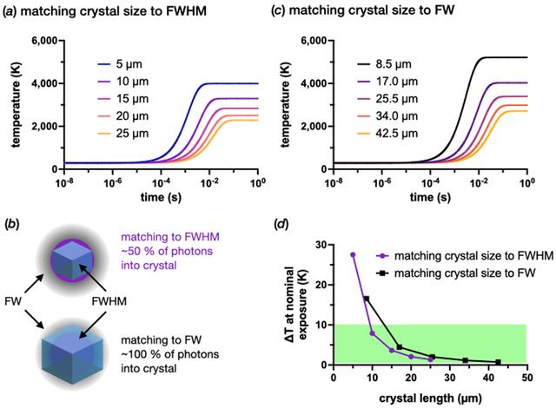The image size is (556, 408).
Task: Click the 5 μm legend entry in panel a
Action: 120,64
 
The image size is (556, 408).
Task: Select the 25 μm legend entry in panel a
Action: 122,134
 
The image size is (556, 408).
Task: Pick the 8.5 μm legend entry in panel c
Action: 384,64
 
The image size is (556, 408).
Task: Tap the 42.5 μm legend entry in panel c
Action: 387,134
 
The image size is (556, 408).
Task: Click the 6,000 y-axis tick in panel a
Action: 44,41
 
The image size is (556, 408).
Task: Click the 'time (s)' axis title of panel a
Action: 161,197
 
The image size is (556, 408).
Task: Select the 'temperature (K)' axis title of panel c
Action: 285,104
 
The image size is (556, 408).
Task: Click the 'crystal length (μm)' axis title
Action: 431,398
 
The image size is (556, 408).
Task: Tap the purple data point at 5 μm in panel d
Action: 353,254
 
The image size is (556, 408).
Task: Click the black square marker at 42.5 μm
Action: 498,362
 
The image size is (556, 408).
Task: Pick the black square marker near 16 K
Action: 367,299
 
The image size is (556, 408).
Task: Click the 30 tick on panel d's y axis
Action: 321,245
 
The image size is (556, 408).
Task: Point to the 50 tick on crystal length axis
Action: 527,378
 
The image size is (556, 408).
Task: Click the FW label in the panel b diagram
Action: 13,301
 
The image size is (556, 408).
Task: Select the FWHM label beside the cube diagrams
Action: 109,301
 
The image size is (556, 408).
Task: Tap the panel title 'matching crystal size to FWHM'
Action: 114,11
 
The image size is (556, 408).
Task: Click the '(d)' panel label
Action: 281,224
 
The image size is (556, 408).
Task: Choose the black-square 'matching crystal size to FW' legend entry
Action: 455,273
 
